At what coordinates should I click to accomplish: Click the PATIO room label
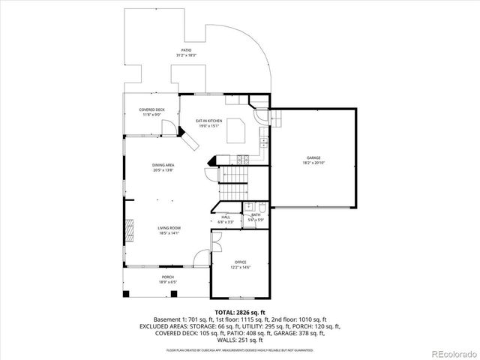coord(185,50)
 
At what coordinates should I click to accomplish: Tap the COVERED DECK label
coord(151,109)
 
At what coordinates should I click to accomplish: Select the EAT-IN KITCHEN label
coord(209,121)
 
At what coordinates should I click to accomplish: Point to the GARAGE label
coord(313,157)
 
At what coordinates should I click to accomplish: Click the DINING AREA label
coord(163,165)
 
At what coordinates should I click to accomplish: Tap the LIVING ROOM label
coord(169,227)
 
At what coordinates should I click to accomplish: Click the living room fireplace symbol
coord(129,227)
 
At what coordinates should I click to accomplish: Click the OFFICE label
coord(240,262)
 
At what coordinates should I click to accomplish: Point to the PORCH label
coord(167,277)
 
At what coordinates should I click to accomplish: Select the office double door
coord(216,241)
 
